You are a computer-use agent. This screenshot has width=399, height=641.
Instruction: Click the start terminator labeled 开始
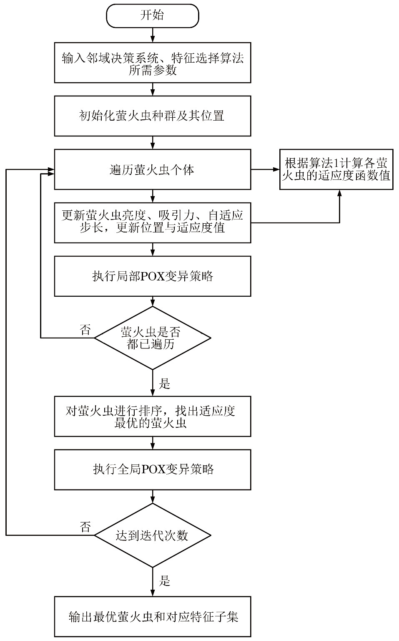(x=153, y=16)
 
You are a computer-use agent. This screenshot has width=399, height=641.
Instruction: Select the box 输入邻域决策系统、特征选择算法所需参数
(x=153, y=63)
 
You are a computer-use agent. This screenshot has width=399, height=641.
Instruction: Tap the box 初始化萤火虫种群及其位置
(x=153, y=116)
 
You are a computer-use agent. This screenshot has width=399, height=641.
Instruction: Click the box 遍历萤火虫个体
(x=153, y=169)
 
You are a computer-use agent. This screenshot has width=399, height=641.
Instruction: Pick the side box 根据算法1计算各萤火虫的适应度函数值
(x=336, y=169)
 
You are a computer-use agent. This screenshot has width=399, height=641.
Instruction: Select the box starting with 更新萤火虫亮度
(x=153, y=222)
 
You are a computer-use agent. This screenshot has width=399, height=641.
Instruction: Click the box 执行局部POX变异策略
(x=153, y=276)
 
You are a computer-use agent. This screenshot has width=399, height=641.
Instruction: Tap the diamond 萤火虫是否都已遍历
(x=153, y=338)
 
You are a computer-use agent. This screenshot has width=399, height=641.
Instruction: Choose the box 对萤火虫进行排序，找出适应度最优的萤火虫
(x=153, y=416)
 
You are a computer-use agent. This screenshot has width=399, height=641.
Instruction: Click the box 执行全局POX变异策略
(x=153, y=469)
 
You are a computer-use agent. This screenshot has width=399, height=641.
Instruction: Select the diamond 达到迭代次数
(x=153, y=535)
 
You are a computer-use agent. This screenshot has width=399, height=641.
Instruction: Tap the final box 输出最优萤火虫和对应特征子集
(x=153, y=616)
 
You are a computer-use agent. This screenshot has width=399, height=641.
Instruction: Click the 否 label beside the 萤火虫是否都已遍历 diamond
(x=85, y=331)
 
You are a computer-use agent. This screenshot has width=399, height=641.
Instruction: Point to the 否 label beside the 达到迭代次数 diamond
(x=85, y=527)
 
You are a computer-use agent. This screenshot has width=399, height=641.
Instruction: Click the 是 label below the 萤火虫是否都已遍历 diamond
(x=165, y=384)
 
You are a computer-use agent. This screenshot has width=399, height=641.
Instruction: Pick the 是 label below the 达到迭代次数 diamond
(x=165, y=580)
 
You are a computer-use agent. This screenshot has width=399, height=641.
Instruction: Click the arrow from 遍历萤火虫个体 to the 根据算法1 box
(x=265, y=169)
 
